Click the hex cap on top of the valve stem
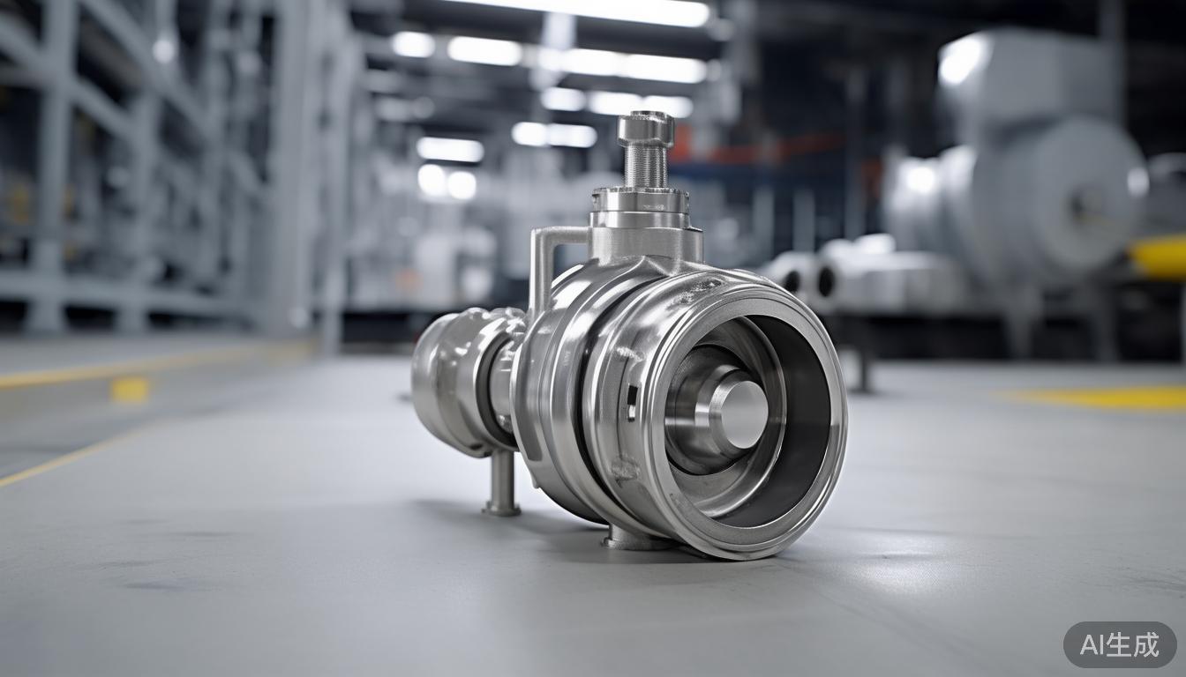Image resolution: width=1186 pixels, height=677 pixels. [x=645, y=128]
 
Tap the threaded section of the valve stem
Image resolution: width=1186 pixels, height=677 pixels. [x=645, y=165]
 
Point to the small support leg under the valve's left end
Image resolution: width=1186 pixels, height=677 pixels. [x=502, y=483]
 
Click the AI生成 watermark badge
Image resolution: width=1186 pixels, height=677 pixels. [x=1119, y=644]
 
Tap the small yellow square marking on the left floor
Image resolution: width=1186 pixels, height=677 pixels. [x=131, y=390]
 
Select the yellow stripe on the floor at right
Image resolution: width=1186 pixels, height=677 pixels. [x=1103, y=398]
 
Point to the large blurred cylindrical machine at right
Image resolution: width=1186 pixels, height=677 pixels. [x=1032, y=176]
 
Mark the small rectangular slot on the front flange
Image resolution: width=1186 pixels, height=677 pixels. [x=632, y=401]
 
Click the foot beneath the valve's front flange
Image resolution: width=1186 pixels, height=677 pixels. [x=628, y=539]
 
